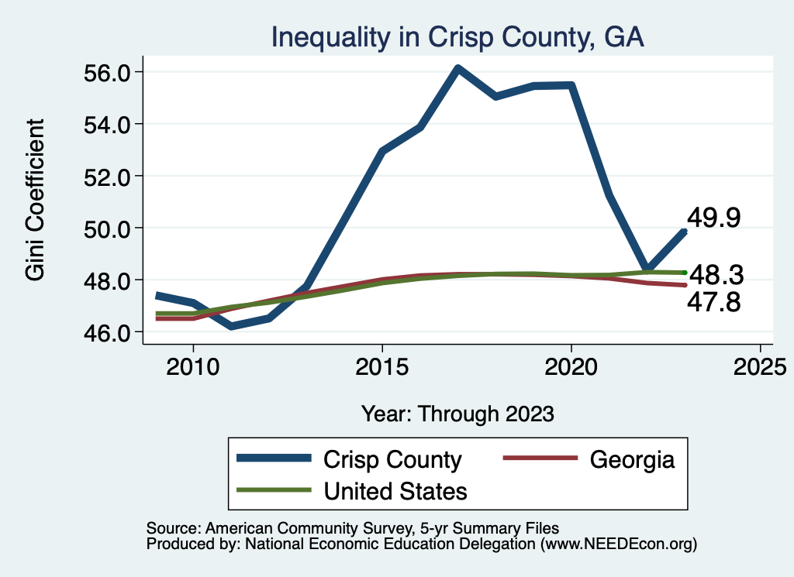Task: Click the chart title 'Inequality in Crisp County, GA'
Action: point(457,37)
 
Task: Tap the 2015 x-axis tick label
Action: point(381,366)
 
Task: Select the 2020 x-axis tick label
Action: point(571,366)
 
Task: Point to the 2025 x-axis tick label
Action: point(760,366)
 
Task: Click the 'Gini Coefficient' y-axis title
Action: point(36,201)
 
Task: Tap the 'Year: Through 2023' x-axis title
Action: point(457,414)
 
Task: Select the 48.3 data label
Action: point(716,274)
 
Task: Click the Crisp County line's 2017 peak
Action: point(458,69)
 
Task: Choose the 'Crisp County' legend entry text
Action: point(392,459)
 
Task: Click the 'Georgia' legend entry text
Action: point(632,459)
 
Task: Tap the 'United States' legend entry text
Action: point(395,490)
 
